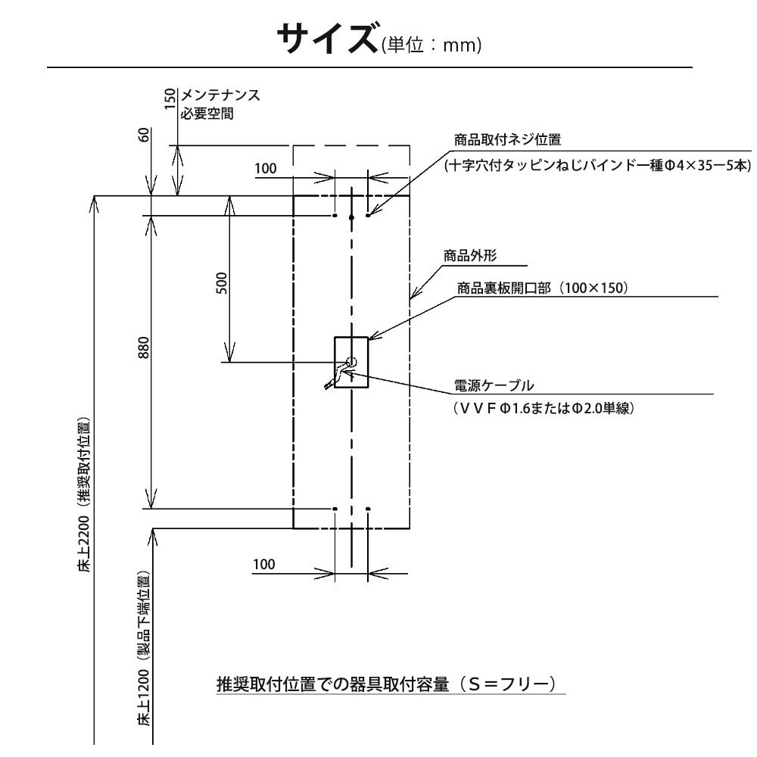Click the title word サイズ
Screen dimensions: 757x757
coord(327,39)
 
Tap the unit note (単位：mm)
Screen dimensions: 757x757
coord(431,45)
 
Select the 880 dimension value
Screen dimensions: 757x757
coord(144,347)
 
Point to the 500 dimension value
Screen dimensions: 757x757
coord(221,283)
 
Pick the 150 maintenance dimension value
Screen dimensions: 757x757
coord(170,98)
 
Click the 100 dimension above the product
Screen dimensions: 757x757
coord(266,169)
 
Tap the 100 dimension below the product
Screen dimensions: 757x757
coord(264,564)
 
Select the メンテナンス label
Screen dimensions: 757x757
coord(220,95)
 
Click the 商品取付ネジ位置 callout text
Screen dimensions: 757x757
coord(507,139)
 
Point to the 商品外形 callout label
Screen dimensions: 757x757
coord(470,255)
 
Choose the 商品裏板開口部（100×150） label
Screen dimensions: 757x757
coord(543,288)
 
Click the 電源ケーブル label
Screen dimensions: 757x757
coord(494,385)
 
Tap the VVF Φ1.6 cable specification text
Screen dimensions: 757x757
coord(544,409)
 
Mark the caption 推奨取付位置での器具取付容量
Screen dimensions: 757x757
coord(333,684)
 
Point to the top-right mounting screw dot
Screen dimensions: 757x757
coord(368,215)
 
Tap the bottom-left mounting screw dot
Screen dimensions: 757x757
coord(335,509)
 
